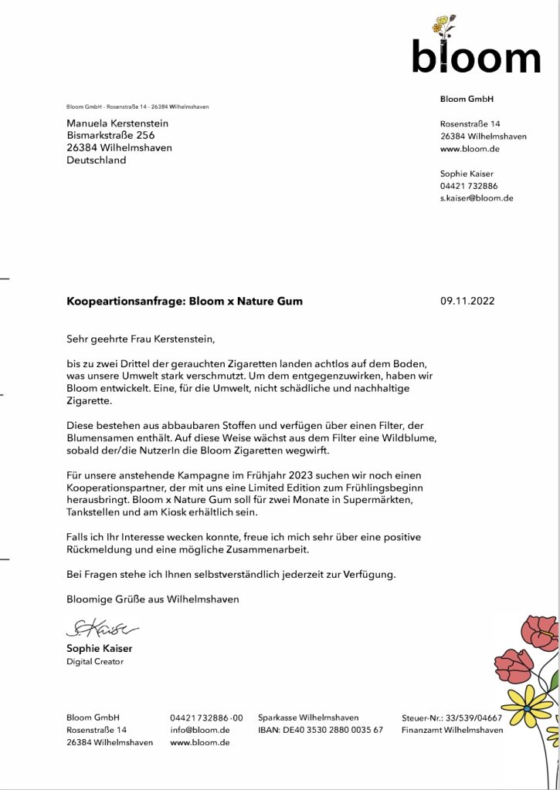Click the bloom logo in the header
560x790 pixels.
click(x=475, y=48)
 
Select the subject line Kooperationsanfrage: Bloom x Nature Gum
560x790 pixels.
click(x=185, y=302)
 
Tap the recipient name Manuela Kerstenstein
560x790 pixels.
click(x=117, y=123)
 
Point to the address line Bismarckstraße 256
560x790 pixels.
click(x=111, y=136)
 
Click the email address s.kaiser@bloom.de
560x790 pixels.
click(x=477, y=198)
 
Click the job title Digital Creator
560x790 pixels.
click(x=94, y=661)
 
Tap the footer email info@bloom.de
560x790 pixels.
click(x=200, y=730)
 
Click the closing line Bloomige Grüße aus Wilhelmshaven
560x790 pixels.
click(x=153, y=599)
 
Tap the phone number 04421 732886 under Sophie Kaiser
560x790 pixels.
click(x=469, y=186)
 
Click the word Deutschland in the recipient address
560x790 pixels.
click(x=97, y=160)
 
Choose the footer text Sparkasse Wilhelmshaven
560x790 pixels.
click(x=308, y=717)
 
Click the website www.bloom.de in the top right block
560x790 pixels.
click(x=470, y=149)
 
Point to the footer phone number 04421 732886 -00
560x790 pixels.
click(x=206, y=717)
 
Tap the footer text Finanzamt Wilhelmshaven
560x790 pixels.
click(x=452, y=730)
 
